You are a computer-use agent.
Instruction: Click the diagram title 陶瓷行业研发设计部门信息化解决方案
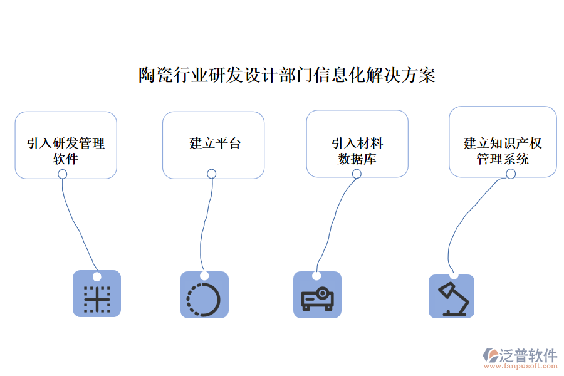[x=286, y=76]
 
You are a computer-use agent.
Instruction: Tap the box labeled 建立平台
[x=213, y=145]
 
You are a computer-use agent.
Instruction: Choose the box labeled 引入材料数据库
[x=357, y=144]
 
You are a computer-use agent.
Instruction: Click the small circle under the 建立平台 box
[x=212, y=174]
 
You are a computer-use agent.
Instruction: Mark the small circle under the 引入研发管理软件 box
[x=62, y=174]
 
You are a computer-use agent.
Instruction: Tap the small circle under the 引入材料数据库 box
[x=357, y=173]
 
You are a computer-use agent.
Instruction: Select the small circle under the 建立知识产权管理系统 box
[x=511, y=174]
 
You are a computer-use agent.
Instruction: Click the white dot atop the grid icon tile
[x=97, y=276]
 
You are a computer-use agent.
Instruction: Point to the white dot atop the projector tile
[x=316, y=276]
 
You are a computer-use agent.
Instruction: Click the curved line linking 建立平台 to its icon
[x=203, y=226]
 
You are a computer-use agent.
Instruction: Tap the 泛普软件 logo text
[x=528, y=355]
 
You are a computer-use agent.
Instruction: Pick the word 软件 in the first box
[x=66, y=159]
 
